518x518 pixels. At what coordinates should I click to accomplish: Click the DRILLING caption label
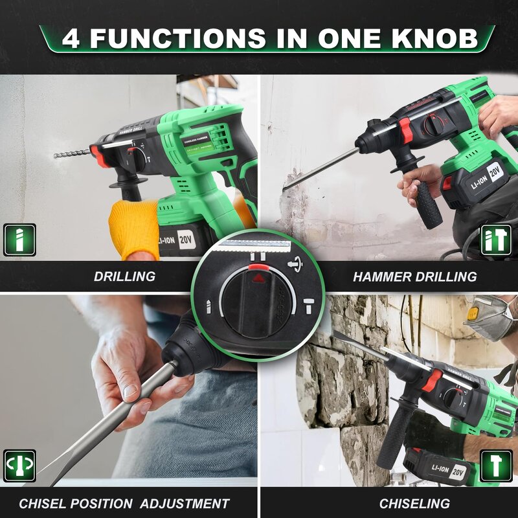tap(124, 276)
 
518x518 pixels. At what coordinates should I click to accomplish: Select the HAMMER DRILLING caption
tap(414, 276)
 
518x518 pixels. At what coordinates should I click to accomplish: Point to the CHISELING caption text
tap(414, 503)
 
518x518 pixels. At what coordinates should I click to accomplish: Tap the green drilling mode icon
tap(19, 240)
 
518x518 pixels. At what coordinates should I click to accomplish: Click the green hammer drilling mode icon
tap(496, 240)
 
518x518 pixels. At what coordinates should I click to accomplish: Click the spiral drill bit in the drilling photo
tap(71, 155)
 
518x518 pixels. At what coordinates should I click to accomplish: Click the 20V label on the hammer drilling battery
tap(496, 172)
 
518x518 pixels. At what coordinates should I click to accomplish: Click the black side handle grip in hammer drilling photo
tap(427, 204)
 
